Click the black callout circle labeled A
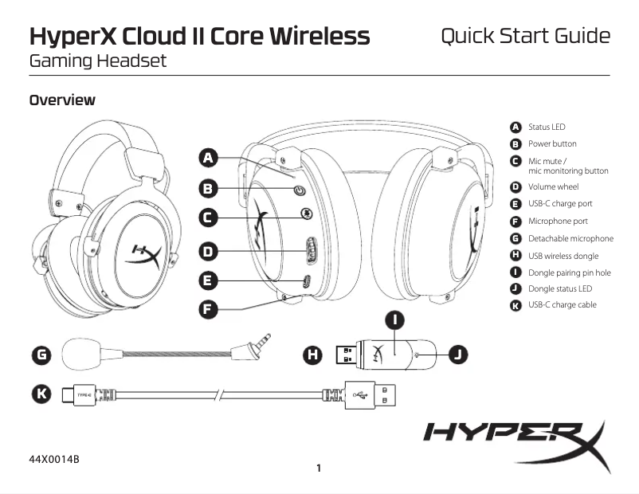[x=209, y=158]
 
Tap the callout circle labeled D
[x=209, y=251]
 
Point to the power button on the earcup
[x=300, y=190]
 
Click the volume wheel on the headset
[x=311, y=253]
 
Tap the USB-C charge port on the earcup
[x=307, y=281]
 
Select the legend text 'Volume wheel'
[x=554, y=187]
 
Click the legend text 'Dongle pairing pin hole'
[x=569, y=272]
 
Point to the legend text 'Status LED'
[x=547, y=127]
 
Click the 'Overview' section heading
[x=62, y=100]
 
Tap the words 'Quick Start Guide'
[x=525, y=36]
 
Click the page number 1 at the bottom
[x=319, y=468]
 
